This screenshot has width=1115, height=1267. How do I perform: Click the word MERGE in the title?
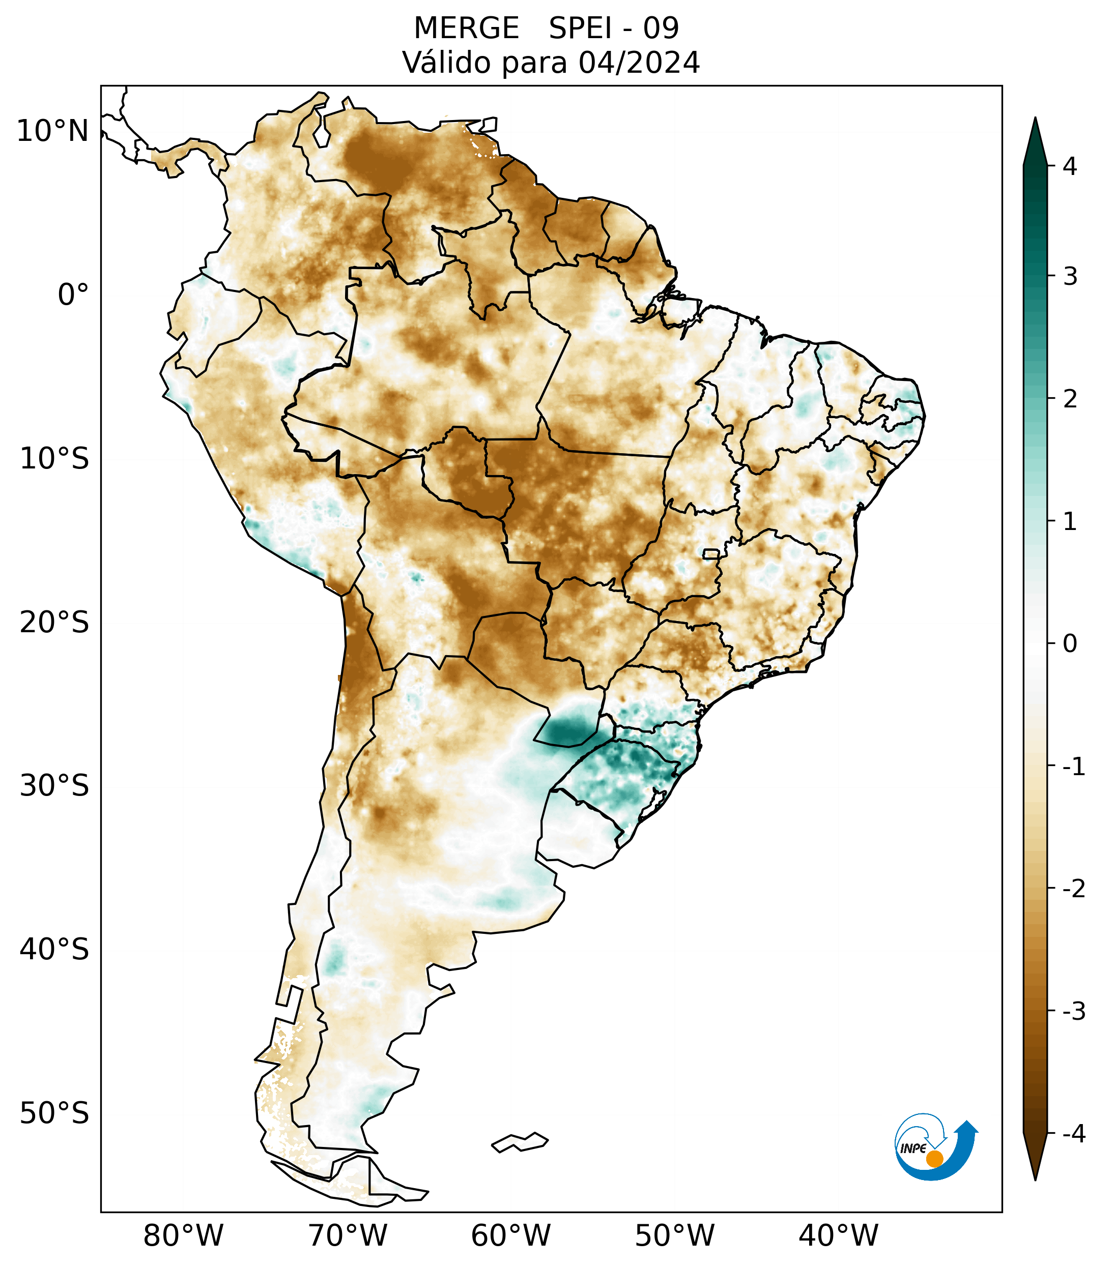[466, 28]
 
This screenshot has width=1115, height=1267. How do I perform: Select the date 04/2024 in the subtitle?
[639, 63]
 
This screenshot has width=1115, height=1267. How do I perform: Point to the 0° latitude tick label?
[73, 295]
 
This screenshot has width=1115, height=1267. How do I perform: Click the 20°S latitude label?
[54, 623]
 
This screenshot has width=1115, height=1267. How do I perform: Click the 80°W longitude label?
[184, 1235]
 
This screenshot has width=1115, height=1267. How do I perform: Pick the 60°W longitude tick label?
[510, 1235]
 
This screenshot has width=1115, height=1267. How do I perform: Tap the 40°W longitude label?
[838, 1235]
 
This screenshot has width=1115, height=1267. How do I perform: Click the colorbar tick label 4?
[1070, 166]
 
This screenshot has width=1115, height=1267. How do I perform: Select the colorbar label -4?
[1073, 1134]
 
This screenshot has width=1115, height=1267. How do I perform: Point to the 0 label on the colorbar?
[1070, 644]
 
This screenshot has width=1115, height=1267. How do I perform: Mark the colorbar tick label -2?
[1073, 889]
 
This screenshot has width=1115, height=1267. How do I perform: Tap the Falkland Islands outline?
[520, 1142]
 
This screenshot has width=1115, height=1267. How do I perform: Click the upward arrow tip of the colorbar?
[1035, 122]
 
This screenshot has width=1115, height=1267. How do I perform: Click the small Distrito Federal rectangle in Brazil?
[711, 553]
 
